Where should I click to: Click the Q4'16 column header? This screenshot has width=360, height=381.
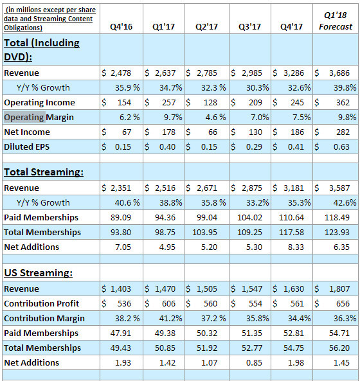[121, 26]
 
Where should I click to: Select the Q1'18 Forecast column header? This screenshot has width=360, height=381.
[336, 21]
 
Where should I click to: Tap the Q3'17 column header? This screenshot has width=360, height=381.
[249, 26]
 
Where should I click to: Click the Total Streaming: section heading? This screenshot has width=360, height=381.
[44, 172]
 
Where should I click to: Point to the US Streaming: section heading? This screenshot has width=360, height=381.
[38, 272]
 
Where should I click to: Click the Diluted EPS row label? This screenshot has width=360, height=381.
[27, 146]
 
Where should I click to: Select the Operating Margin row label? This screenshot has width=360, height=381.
[39, 117]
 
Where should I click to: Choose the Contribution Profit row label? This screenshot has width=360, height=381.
[42, 303]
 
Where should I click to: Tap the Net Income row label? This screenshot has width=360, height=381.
[27, 132]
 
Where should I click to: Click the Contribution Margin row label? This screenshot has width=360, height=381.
[44, 318]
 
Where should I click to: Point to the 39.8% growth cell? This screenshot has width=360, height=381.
[345, 87]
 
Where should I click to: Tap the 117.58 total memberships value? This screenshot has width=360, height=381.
[291, 233]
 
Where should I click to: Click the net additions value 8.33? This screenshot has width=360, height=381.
[296, 247]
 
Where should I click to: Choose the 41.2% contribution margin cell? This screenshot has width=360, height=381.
[170, 318]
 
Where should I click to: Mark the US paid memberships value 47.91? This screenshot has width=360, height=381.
[121, 333]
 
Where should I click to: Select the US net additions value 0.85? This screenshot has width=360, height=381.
[254, 363]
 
